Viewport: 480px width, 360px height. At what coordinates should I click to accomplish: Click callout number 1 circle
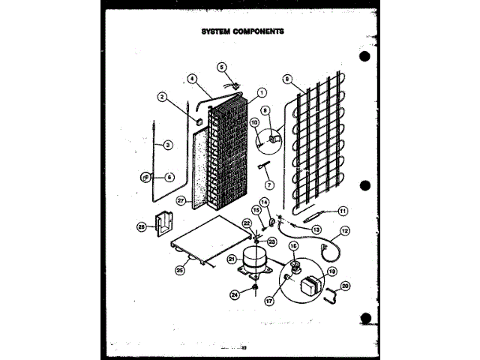(262, 93)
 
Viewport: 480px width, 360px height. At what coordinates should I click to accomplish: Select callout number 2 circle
(161, 96)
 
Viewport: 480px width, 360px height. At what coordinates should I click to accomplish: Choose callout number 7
(269, 184)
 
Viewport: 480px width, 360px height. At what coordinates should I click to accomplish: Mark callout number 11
(343, 211)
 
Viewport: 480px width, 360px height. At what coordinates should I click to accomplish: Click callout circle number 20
(345, 285)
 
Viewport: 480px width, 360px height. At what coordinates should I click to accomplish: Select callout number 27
(181, 201)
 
